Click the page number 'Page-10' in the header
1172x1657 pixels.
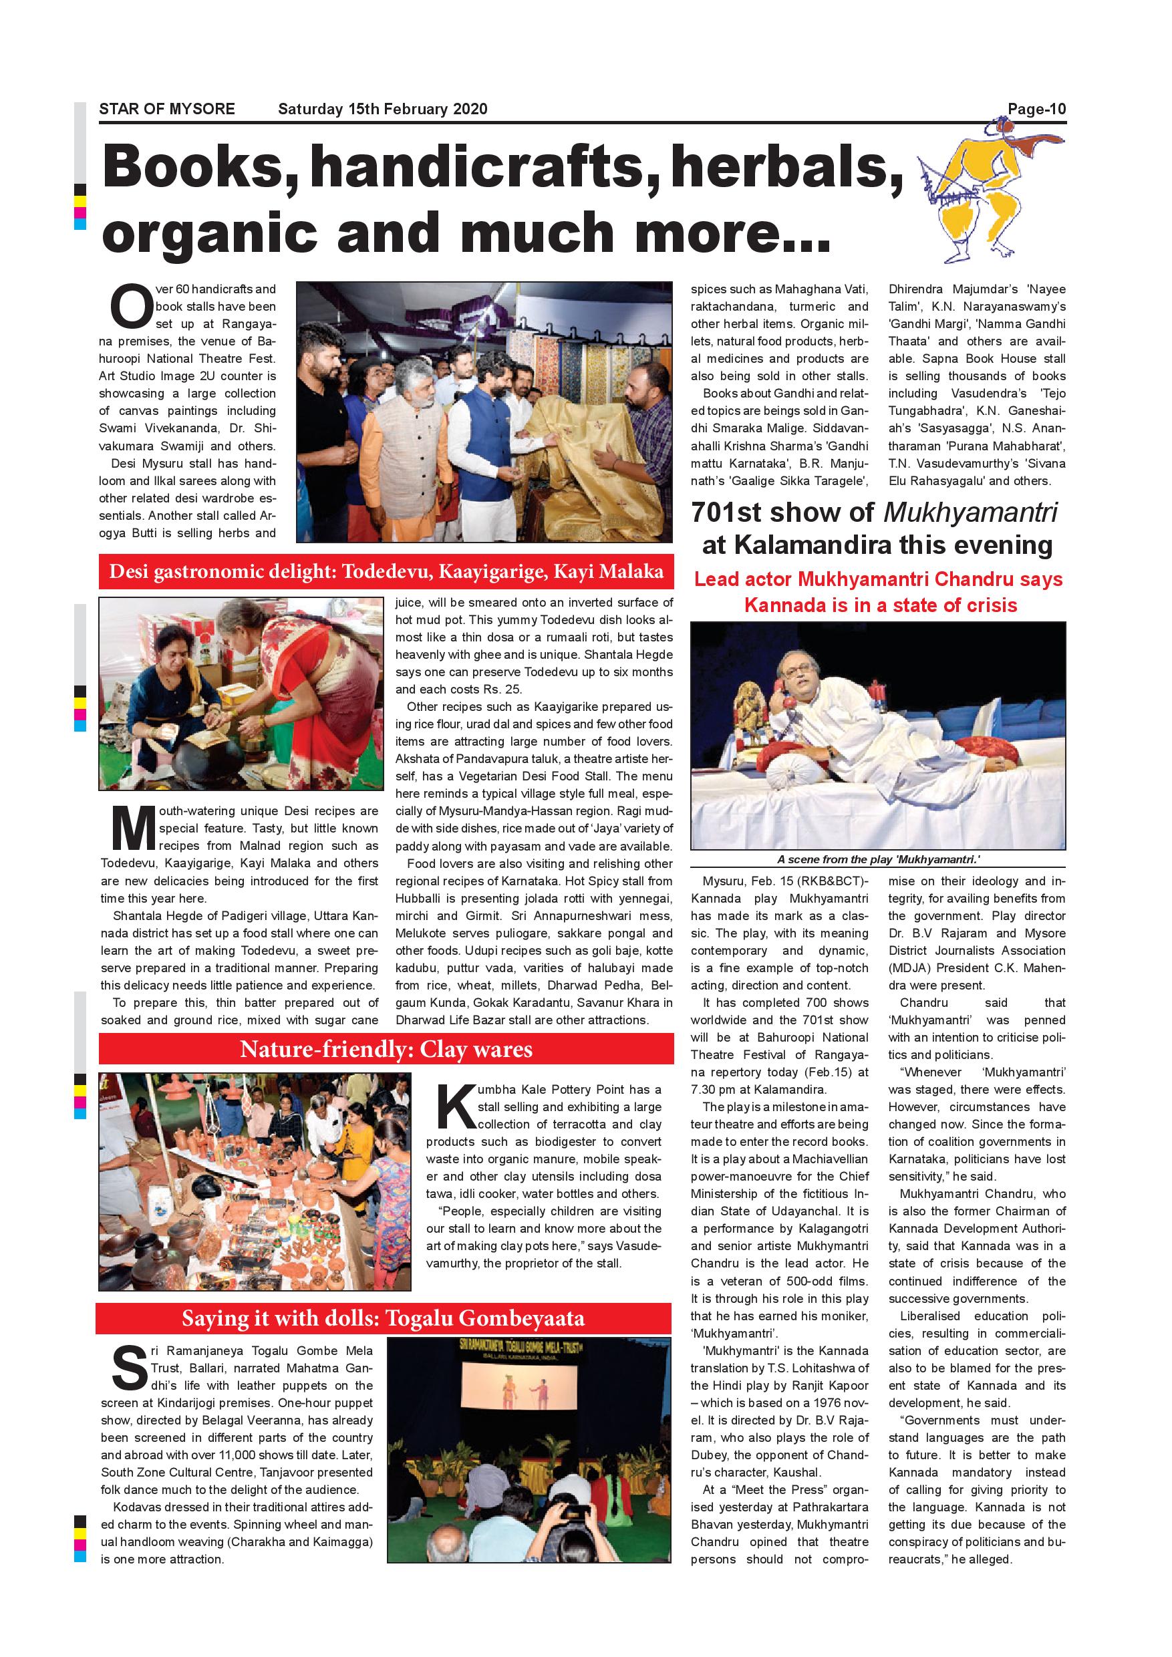(x=1036, y=110)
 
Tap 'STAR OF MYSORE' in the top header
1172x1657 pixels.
(x=166, y=110)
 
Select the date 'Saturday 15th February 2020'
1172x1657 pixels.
(x=382, y=110)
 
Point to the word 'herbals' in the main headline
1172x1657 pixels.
(x=786, y=168)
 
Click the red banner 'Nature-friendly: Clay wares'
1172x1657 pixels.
(x=386, y=1050)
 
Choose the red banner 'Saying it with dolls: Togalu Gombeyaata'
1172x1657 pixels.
(x=384, y=1318)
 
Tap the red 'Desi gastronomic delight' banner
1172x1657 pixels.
(x=386, y=573)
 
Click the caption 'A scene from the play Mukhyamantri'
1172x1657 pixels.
(x=877, y=859)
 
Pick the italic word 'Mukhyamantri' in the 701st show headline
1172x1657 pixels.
(x=970, y=512)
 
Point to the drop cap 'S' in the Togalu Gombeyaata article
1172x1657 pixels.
(x=130, y=1368)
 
